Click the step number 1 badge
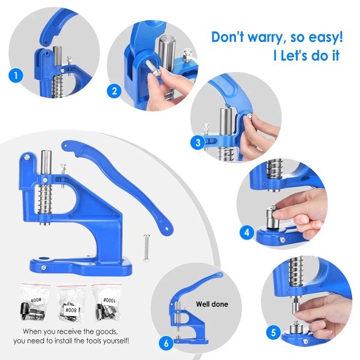[x=16, y=76]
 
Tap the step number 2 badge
[x=114, y=91]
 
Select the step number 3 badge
[x=197, y=143]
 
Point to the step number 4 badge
[x=246, y=232]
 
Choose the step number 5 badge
[x=273, y=333]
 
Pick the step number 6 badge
[x=166, y=344]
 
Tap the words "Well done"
[x=212, y=304]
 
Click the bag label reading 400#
[x=37, y=300]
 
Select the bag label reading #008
[x=71, y=310]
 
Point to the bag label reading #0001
[x=109, y=300]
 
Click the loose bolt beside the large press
[x=146, y=248]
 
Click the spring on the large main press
[x=45, y=196]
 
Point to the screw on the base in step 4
[x=282, y=240]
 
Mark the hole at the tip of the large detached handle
[x=167, y=229]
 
